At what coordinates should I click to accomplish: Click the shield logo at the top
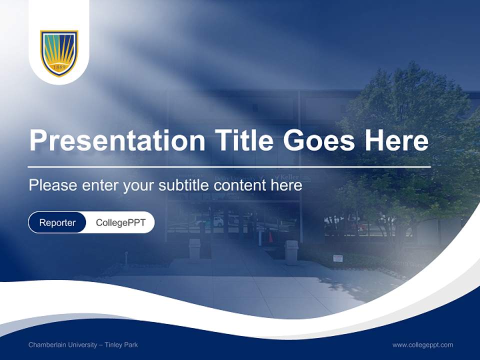(x=59, y=53)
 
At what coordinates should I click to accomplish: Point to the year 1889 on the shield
(x=59, y=67)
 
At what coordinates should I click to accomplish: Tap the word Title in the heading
(x=243, y=140)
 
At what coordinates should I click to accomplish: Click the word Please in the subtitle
(x=53, y=185)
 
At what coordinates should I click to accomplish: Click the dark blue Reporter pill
(x=57, y=222)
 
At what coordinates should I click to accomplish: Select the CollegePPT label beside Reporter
(x=120, y=222)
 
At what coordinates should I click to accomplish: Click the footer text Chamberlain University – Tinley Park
(x=83, y=345)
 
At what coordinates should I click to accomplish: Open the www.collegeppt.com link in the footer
(x=422, y=345)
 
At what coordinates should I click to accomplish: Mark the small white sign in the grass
(x=338, y=258)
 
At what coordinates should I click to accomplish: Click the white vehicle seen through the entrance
(x=218, y=221)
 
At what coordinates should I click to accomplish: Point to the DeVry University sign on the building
(x=235, y=178)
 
